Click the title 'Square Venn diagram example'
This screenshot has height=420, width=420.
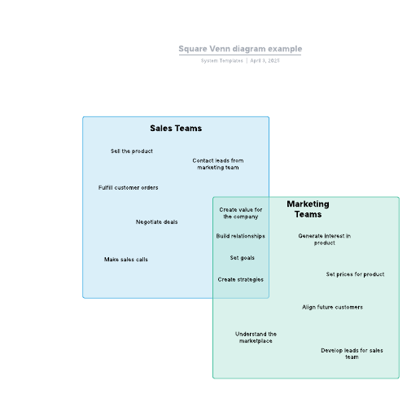pyautogui.click(x=240, y=49)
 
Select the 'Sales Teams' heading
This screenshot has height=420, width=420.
pyautogui.click(x=176, y=128)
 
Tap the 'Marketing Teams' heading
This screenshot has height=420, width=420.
pyautogui.click(x=308, y=209)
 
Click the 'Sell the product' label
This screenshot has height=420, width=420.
pyautogui.click(x=132, y=151)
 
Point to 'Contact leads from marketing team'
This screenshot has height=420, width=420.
pyautogui.click(x=218, y=164)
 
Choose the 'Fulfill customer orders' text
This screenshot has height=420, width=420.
pyautogui.click(x=128, y=187)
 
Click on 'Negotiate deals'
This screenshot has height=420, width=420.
pyautogui.click(x=156, y=222)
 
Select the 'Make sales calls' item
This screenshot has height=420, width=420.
pyautogui.click(x=126, y=260)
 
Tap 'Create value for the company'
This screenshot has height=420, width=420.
pyautogui.click(x=241, y=213)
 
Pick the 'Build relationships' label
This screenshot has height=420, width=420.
pyautogui.click(x=241, y=236)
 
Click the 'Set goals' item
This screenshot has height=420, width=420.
pyautogui.click(x=243, y=258)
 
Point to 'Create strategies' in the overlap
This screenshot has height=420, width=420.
pyautogui.click(x=241, y=279)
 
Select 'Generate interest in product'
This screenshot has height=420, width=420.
pyautogui.click(x=325, y=239)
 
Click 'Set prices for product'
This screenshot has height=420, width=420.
pyautogui.click(x=355, y=274)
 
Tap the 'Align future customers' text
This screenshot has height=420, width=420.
pyautogui.click(x=332, y=307)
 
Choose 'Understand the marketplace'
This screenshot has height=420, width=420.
pyautogui.click(x=256, y=337)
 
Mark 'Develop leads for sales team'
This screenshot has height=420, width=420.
pyautogui.click(x=352, y=353)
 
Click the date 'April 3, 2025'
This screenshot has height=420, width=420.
pyautogui.click(x=265, y=60)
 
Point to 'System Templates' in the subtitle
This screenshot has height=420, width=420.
pyautogui.click(x=222, y=60)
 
